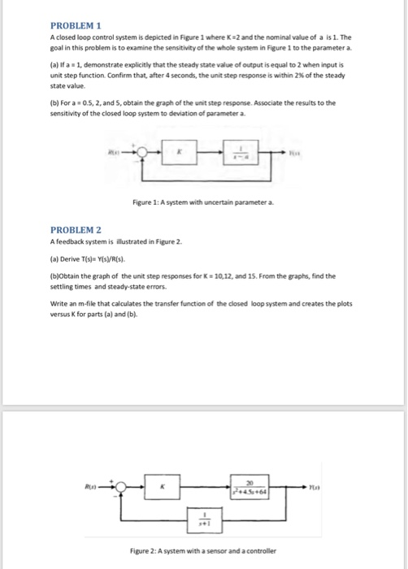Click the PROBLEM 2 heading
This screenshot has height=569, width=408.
[74, 230]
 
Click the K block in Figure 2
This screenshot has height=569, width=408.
[162, 486]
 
